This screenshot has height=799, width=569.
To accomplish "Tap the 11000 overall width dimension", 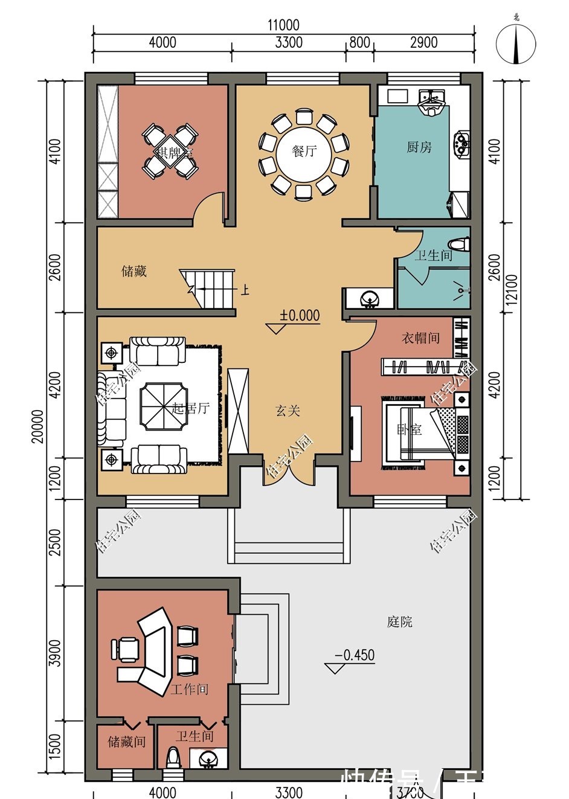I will (x=283, y=25).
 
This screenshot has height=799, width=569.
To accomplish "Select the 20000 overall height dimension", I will (x=38, y=426).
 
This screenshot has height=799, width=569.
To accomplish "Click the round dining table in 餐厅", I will (x=304, y=150).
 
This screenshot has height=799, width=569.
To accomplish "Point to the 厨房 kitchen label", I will (x=419, y=147).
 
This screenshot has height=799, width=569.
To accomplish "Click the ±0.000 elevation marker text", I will (x=300, y=315).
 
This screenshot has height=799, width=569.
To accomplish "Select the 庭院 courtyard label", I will (x=400, y=621).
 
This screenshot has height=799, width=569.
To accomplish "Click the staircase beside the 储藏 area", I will (x=208, y=288).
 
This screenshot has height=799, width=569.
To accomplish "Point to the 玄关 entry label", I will (x=288, y=411).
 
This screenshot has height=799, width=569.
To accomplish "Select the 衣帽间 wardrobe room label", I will (x=420, y=338).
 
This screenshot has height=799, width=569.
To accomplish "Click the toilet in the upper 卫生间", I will (x=461, y=243).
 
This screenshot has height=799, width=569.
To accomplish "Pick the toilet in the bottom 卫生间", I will (x=173, y=759).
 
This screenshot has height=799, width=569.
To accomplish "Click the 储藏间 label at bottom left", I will (x=126, y=741).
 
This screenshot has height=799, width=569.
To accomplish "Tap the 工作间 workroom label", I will (x=189, y=689).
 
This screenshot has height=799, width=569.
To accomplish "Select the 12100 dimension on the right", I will (x=512, y=290).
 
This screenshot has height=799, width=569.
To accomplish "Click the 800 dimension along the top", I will (x=359, y=42).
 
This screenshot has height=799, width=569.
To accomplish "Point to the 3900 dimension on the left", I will (x=55, y=653).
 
